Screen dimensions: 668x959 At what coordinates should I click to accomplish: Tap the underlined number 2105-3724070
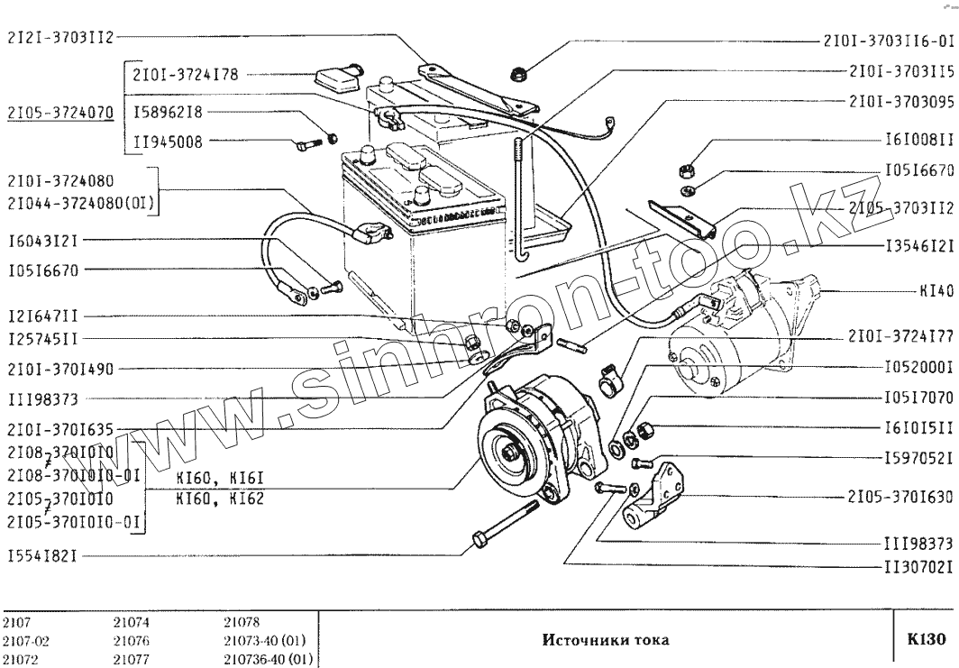coord(59,114)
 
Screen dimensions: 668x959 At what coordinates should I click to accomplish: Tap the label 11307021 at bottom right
coord(914,569)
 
